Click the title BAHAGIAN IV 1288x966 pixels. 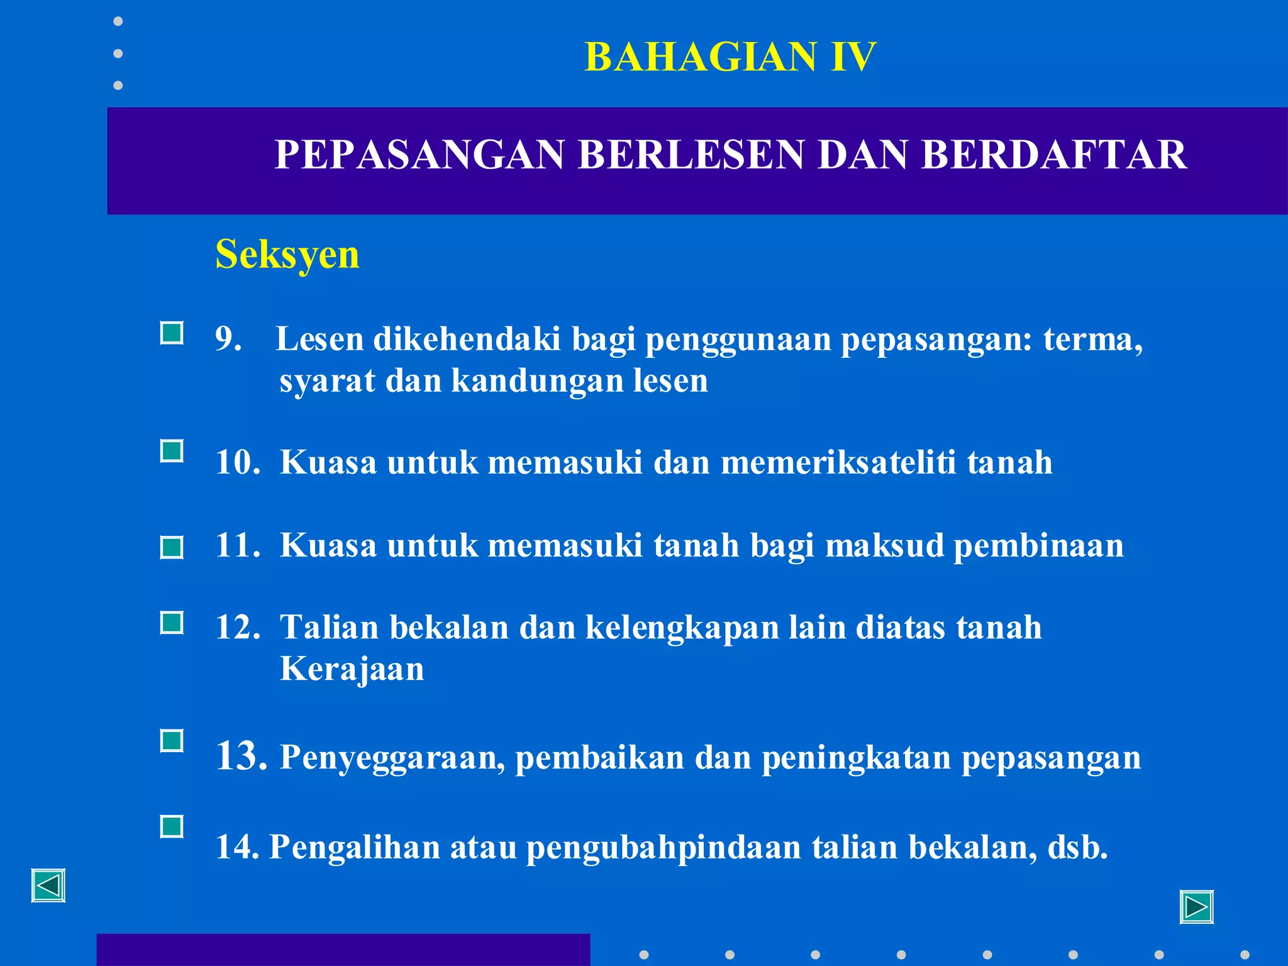[730, 57]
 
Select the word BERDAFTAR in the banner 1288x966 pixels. [1054, 155]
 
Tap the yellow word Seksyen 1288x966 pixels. [287, 255]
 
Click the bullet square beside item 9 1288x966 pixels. [172, 333]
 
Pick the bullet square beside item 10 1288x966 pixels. [172, 451]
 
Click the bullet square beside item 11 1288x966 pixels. [172, 547]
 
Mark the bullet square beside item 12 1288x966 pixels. [172, 623]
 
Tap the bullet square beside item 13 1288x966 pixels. [172, 741]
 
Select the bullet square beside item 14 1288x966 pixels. [172, 826]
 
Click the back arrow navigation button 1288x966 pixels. [48, 886]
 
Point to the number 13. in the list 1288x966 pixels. [241, 756]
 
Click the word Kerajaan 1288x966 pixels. [352, 669]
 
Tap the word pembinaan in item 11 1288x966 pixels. [1038, 545]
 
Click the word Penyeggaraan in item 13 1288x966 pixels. [392, 757]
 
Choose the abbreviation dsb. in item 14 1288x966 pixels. [1077, 847]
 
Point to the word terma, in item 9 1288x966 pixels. [1093, 340]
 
